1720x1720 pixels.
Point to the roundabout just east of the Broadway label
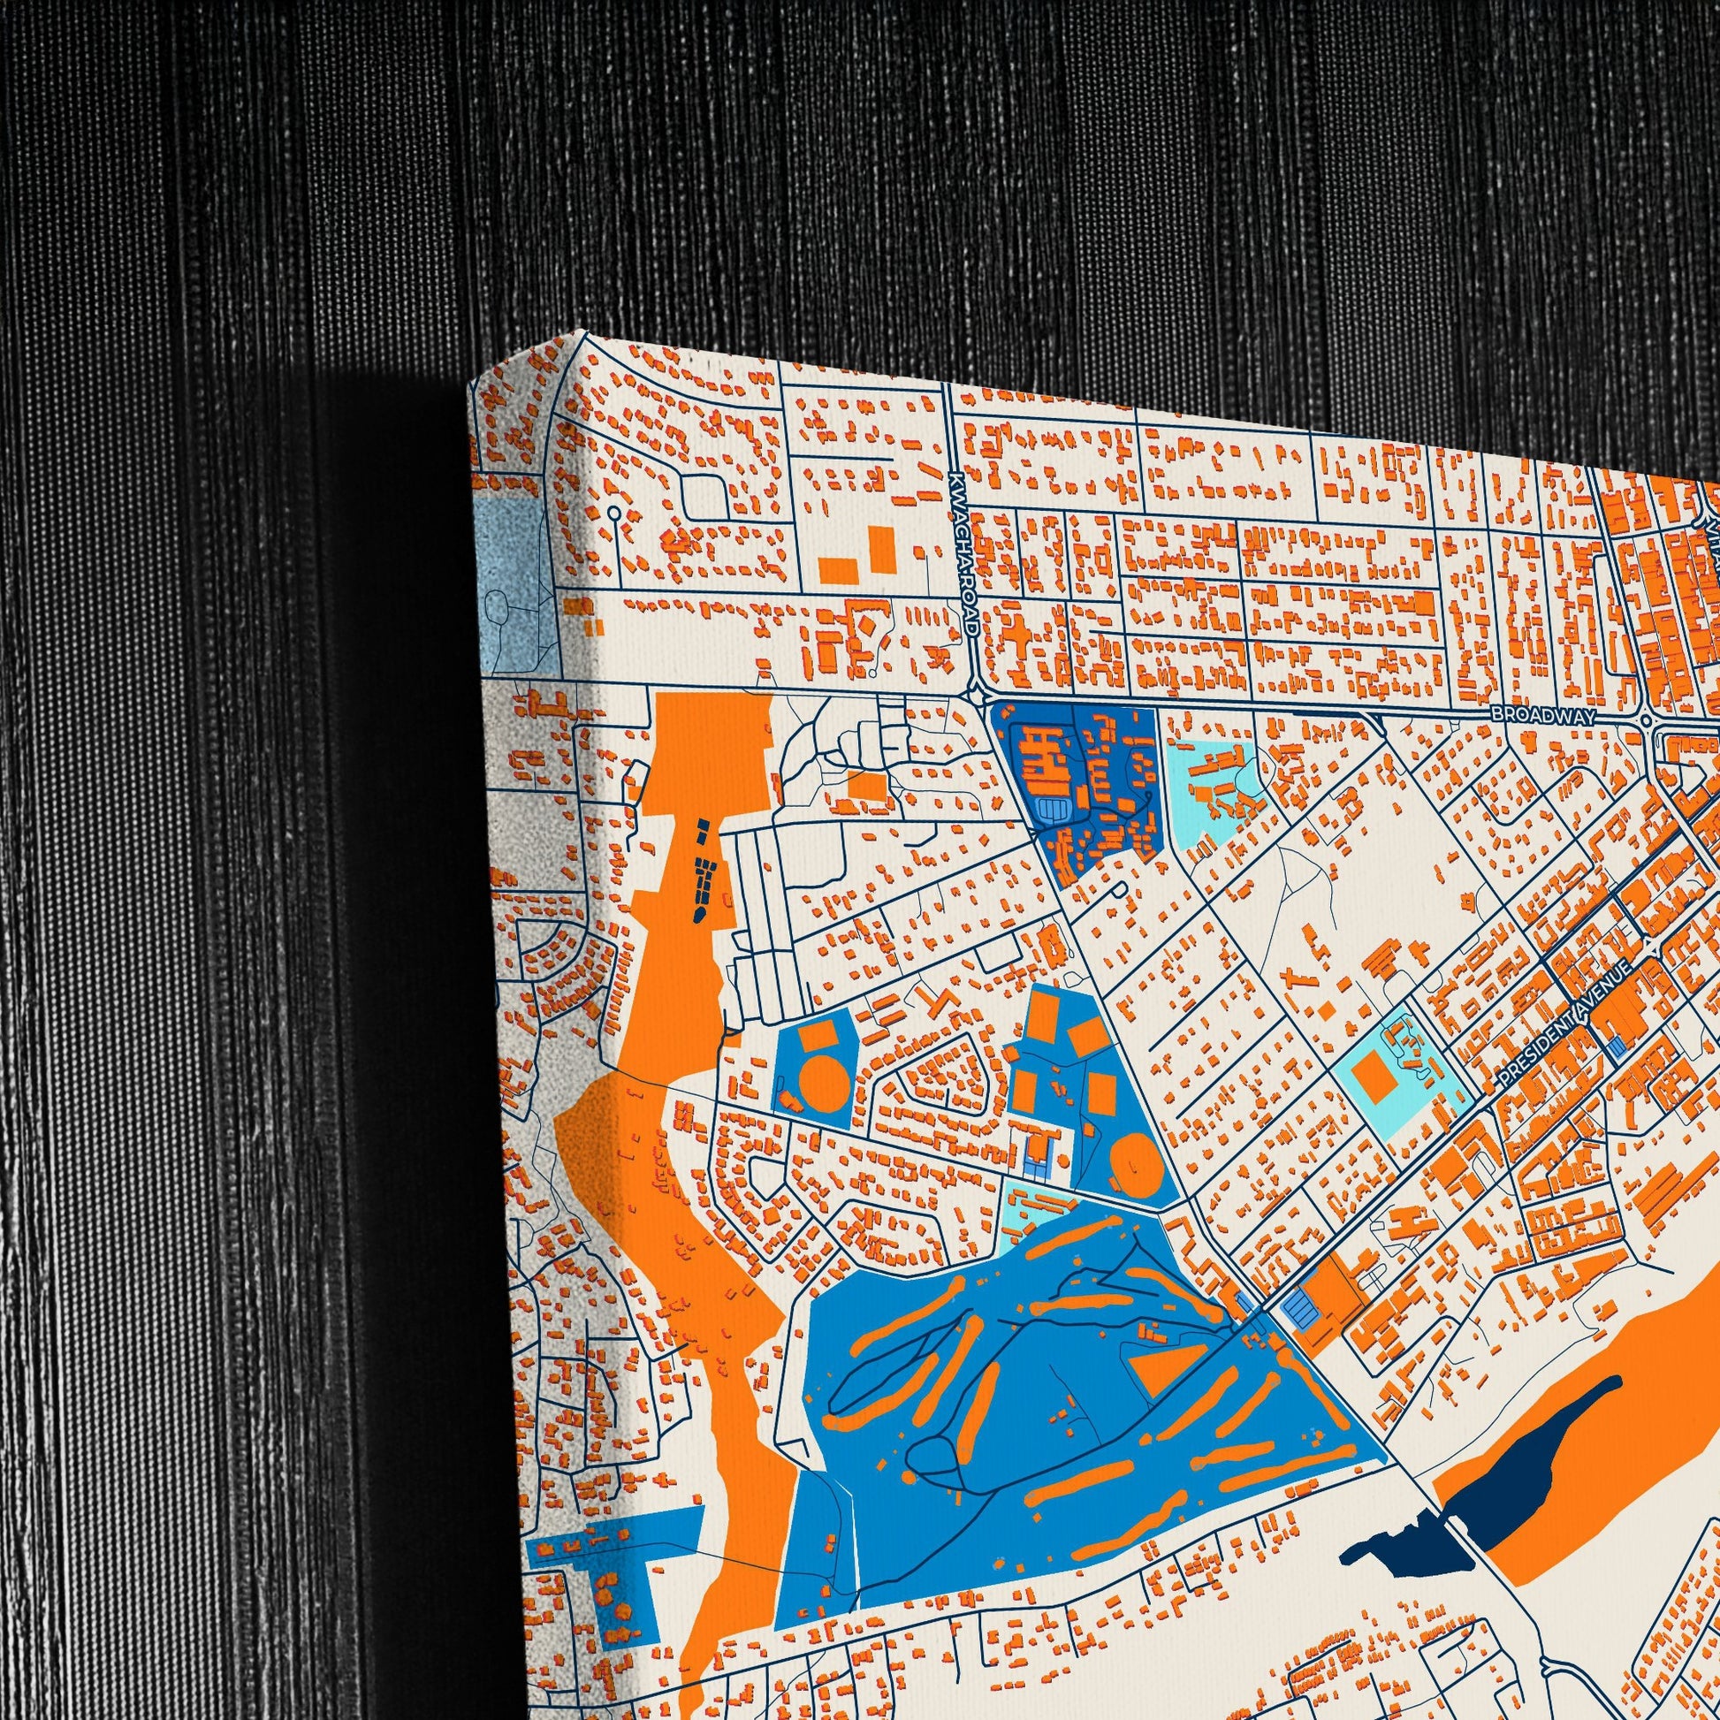1646,719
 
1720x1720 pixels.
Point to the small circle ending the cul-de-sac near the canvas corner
614,513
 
